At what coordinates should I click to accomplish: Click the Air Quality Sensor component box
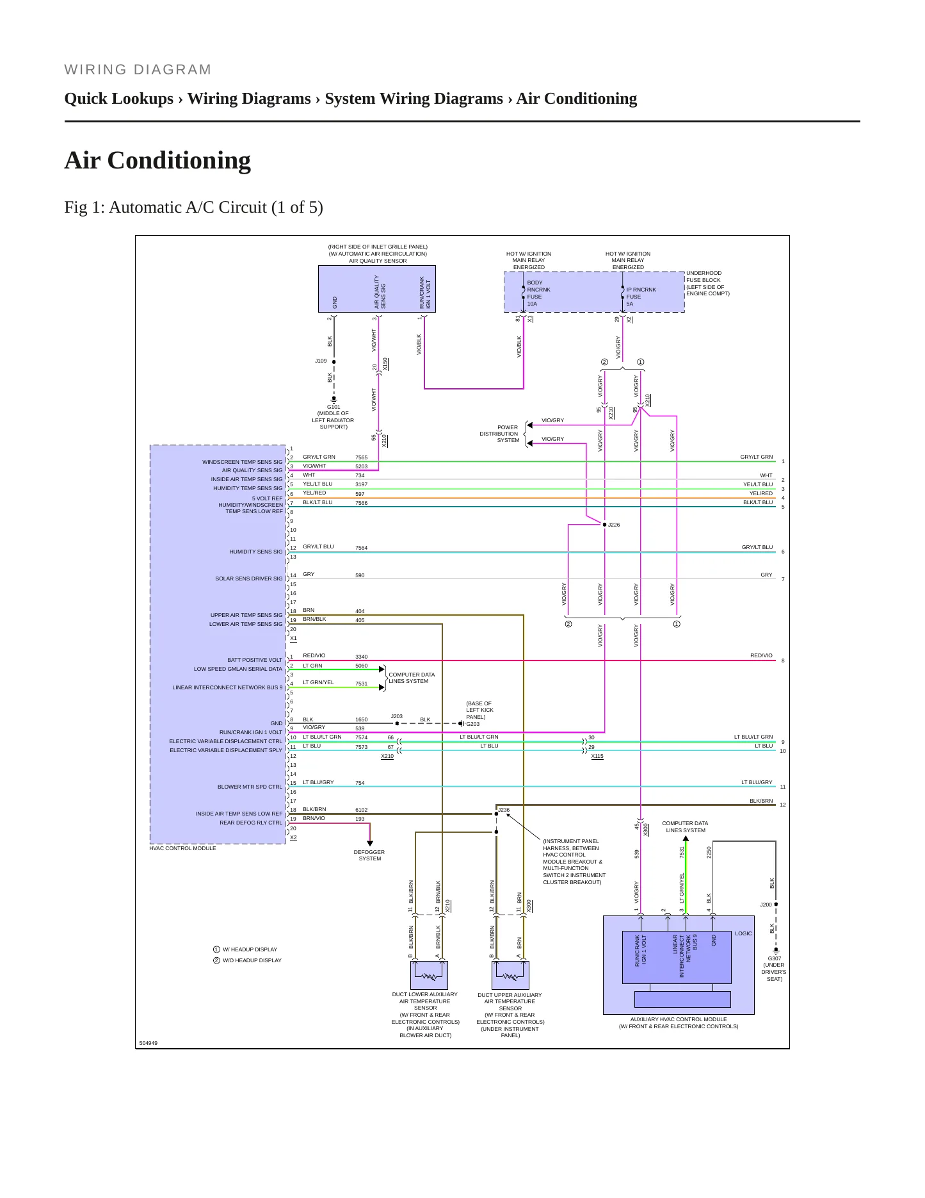(377, 289)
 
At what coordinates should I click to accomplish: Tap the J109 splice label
(321, 361)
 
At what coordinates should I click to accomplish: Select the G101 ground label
(334, 407)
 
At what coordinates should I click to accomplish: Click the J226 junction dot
(604, 525)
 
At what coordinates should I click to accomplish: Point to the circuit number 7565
(361, 458)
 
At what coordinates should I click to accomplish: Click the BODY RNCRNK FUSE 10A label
(538, 293)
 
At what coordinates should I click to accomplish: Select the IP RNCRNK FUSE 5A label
(641, 297)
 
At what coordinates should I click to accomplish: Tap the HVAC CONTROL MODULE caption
(182, 848)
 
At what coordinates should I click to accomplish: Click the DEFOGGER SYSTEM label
(369, 855)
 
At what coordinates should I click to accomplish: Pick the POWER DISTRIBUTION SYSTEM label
(499, 434)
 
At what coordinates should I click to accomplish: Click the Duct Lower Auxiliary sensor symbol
(429, 975)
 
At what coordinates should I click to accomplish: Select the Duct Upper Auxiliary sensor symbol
(511, 975)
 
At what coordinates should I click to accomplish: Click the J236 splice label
(504, 810)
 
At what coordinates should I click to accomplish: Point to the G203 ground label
(472, 724)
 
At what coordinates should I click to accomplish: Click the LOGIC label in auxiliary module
(743, 933)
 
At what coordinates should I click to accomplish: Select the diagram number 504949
(148, 1043)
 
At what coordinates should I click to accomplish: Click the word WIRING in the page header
(96, 70)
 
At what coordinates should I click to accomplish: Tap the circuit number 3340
(361, 657)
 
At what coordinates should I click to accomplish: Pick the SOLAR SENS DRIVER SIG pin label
(248, 578)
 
